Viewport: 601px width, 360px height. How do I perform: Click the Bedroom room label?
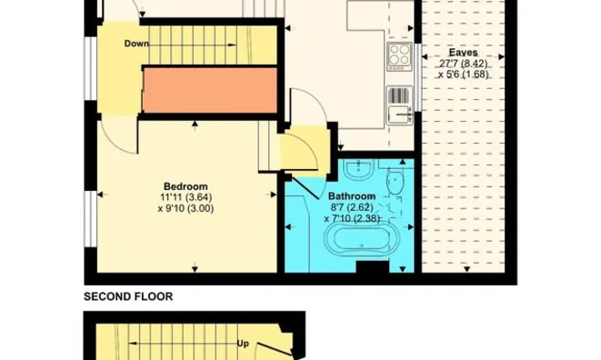[185, 186]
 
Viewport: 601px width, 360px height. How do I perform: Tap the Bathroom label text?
[352, 196]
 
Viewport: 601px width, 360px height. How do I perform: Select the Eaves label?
[464, 53]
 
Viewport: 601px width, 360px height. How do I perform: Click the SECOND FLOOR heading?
[128, 296]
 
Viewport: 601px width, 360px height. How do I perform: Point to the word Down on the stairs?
[136, 44]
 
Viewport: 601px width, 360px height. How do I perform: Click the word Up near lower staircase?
[243, 344]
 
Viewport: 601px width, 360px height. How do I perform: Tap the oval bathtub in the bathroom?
[362, 239]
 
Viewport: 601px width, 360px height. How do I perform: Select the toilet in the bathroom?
[395, 181]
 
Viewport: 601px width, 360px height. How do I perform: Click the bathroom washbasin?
[358, 169]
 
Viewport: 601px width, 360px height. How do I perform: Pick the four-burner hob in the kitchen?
[399, 56]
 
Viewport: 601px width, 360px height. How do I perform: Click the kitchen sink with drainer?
[399, 105]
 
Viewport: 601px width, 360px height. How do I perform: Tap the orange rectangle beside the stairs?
[210, 90]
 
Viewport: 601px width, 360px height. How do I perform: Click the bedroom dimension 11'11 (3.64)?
[186, 197]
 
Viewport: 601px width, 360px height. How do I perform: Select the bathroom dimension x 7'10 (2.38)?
[352, 219]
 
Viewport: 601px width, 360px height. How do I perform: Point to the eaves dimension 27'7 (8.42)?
[464, 64]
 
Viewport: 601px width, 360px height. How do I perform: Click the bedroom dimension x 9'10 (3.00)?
[185, 208]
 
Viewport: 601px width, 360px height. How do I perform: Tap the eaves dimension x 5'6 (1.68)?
[464, 74]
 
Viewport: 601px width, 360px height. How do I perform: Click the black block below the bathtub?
[372, 267]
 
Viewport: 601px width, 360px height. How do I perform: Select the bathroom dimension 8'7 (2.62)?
[352, 207]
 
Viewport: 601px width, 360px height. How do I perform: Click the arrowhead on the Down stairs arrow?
[232, 45]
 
